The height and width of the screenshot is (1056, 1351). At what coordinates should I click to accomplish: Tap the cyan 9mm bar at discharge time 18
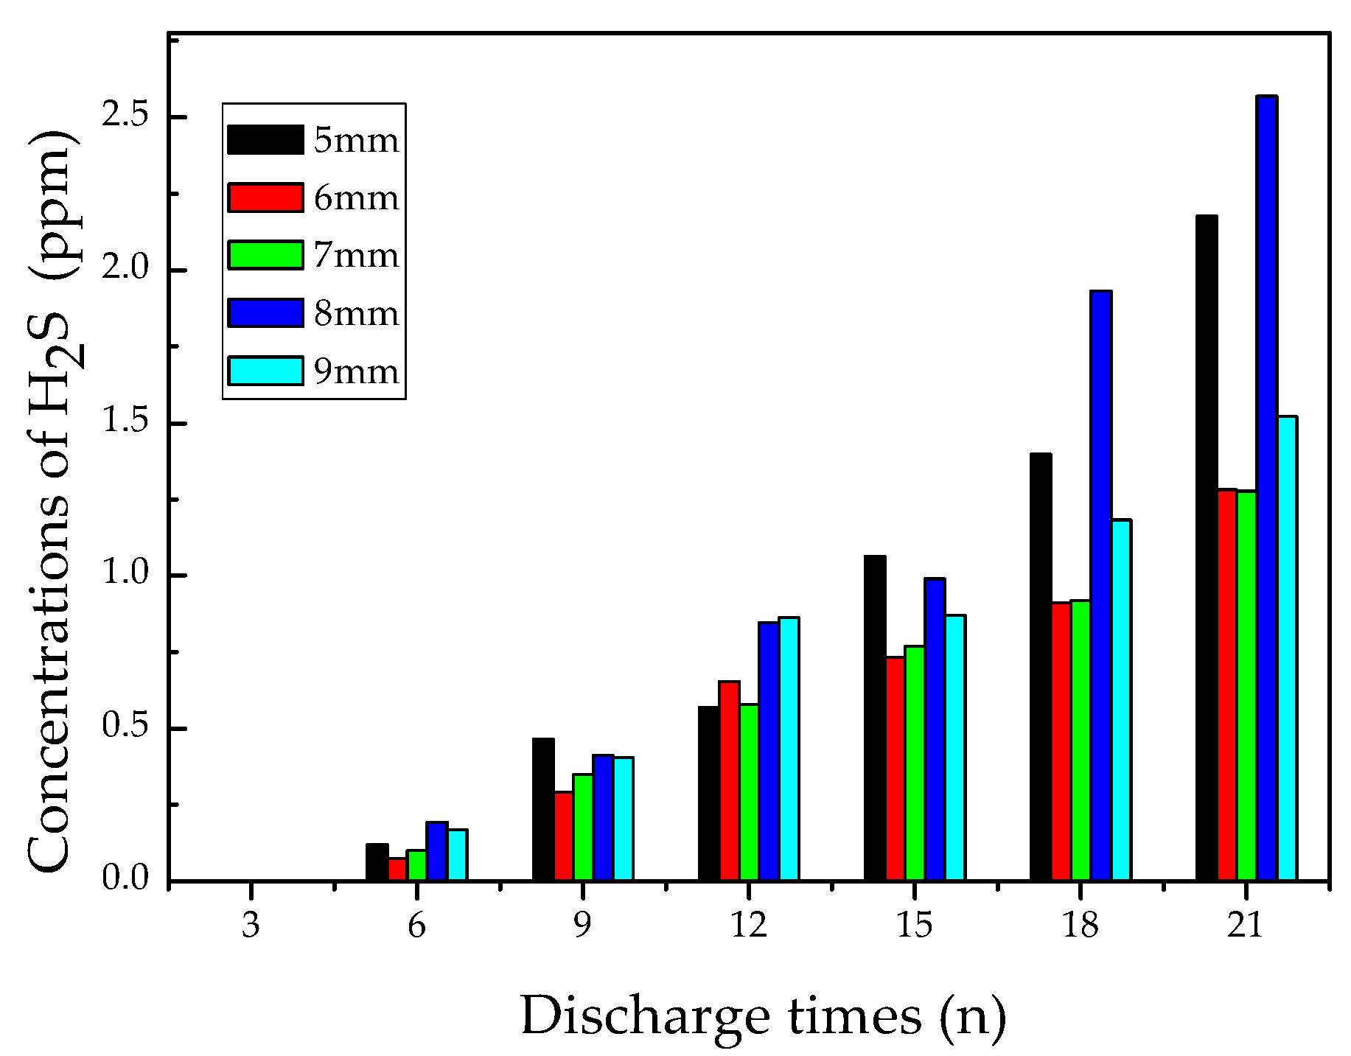pyautogui.click(x=1120, y=699)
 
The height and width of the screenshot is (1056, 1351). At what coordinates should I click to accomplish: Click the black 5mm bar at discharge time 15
pyautogui.click(x=874, y=718)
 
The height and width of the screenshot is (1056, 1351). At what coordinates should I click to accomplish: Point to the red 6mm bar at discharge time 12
pyautogui.click(x=729, y=780)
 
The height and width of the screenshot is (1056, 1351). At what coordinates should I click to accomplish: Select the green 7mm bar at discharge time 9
pyautogui.click(x=582, y=827)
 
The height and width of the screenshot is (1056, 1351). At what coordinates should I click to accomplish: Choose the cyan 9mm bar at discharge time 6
pyautogui.click(x=457, y=855)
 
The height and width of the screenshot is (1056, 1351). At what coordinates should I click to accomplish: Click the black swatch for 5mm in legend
pyautogui.click(x=265, y=140)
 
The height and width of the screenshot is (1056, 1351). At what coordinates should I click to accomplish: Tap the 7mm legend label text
pyautogui.click(x=356, y=256)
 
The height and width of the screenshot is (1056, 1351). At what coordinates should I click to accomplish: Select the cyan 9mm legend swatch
pyautogui.click(x=265, y=371)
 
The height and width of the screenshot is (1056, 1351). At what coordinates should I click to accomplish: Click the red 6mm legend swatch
pyautogui.click(x=265, y=197)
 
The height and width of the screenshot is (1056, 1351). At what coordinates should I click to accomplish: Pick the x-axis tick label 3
pyautogui.click(x=251, y=926)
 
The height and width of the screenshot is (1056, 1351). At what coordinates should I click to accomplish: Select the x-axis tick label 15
pyautogui.click(x=914, y=926)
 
